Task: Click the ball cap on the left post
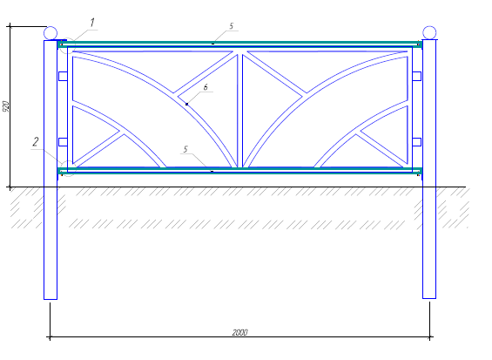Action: pos(51,33)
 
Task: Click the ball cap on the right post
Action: pos(429,32)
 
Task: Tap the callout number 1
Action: pos(92,23)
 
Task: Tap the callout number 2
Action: pos(36,142)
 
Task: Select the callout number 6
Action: pos(206,87)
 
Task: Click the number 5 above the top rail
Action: pos(232,26)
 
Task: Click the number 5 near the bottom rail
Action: pos(185,149)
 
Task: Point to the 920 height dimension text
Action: pos(5,106)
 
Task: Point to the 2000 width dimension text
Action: pos(240,332)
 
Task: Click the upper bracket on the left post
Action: pos(63,76)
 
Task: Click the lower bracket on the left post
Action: pos(63,142)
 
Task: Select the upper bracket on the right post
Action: pos(417,76)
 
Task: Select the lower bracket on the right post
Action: pos(417,142)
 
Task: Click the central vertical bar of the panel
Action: pos(240,111)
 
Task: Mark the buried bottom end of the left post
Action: pos(51,299)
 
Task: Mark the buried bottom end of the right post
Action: pos(429,298)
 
